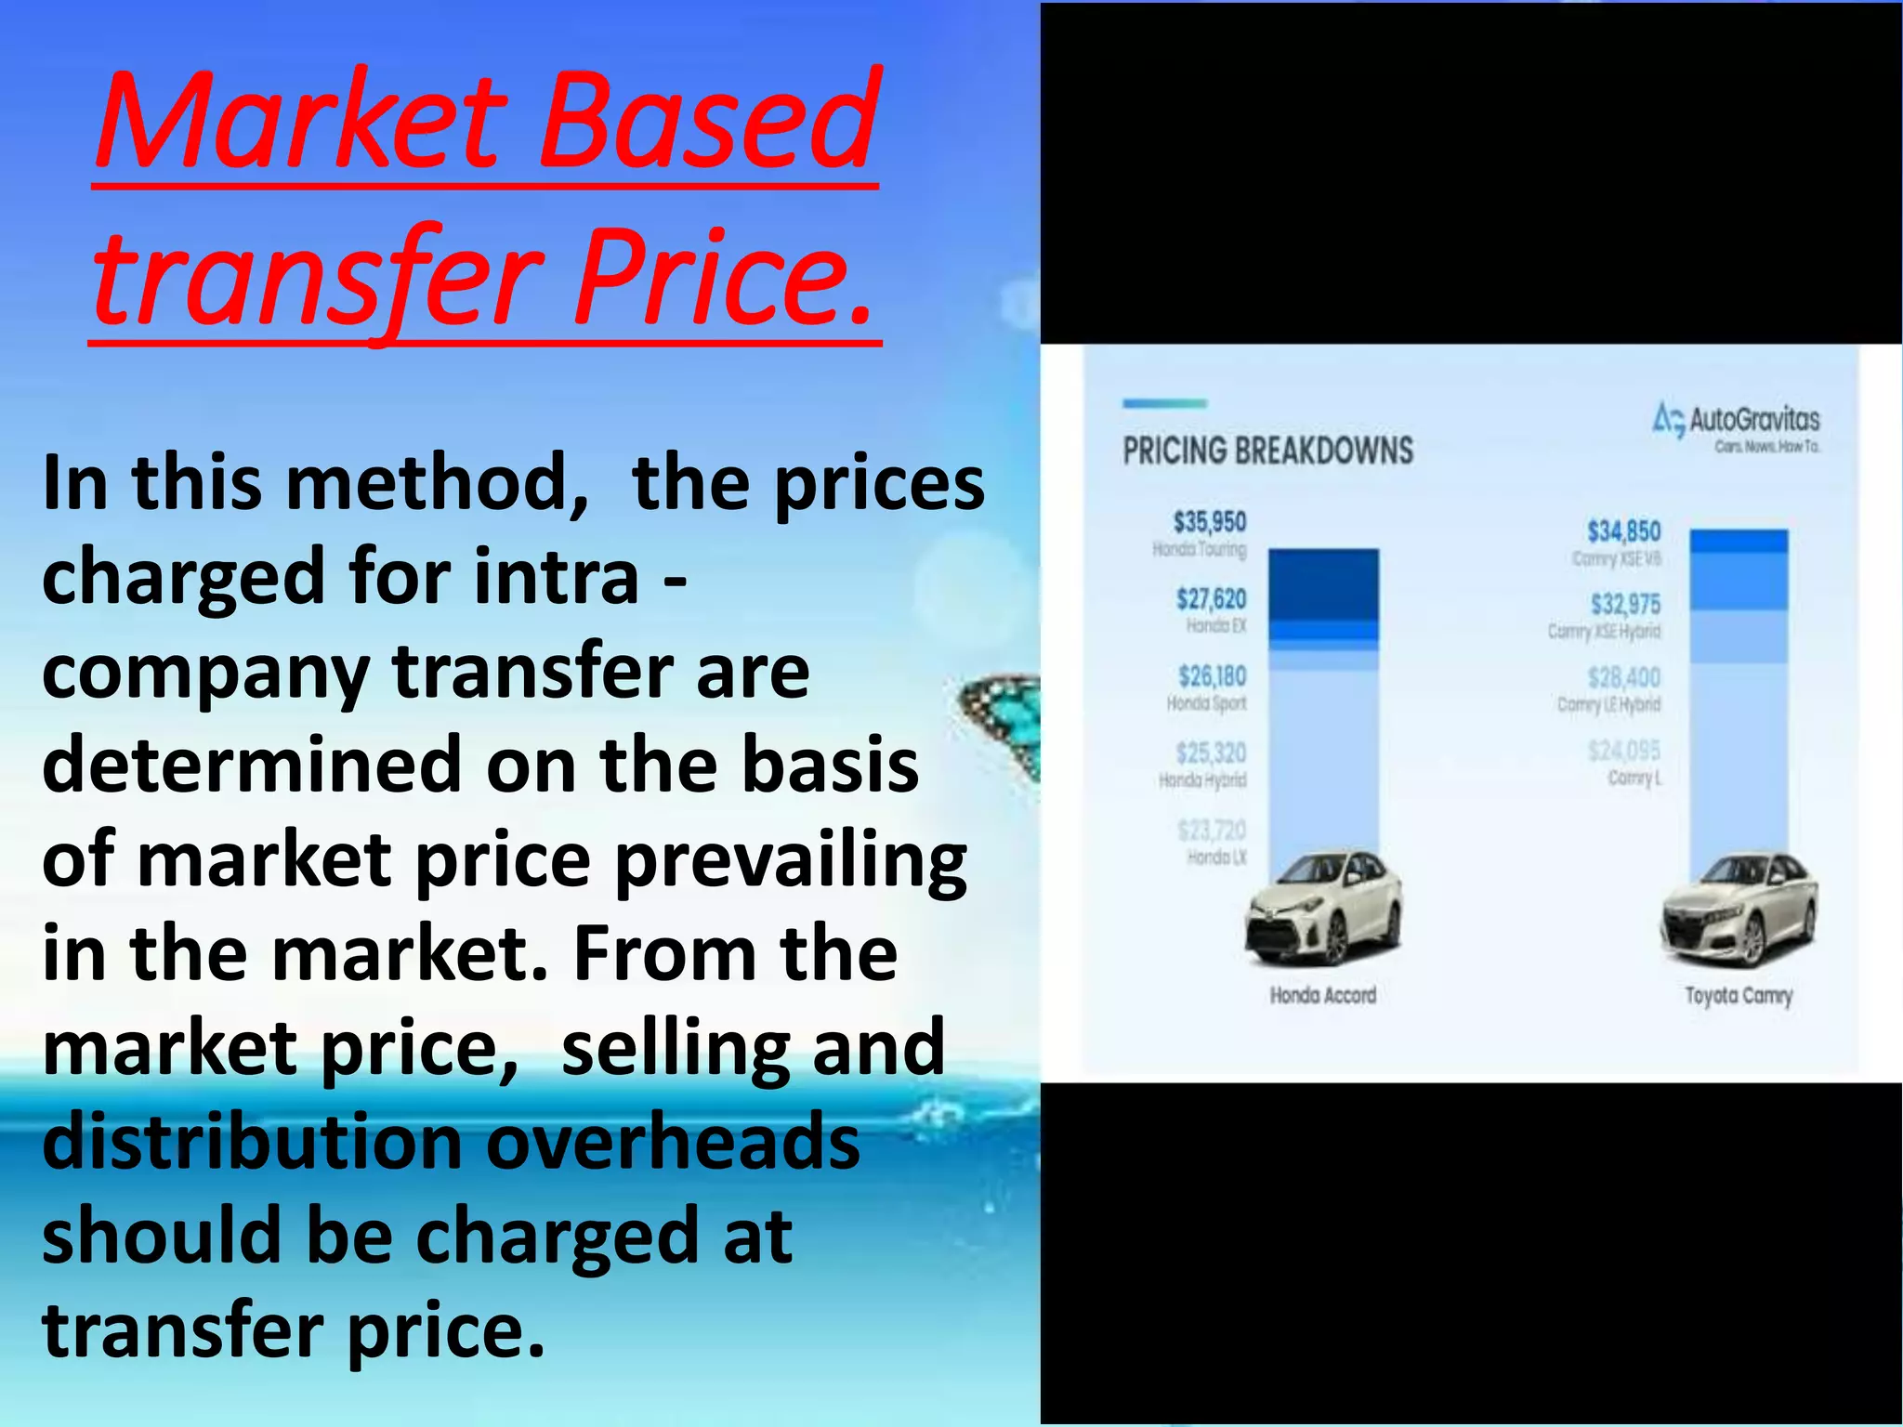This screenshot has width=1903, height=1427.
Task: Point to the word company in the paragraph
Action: pos(204,674)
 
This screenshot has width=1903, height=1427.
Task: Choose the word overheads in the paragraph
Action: pos(674,1143)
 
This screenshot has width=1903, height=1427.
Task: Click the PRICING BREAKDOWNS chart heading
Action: pos(1267,452)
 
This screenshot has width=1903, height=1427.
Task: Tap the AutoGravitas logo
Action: pos(1736,424)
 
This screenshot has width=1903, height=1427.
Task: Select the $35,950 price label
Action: pos(1209,522)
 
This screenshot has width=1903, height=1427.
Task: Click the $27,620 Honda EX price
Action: pos(1211,600)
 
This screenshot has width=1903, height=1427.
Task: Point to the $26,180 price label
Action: pos(1212,676)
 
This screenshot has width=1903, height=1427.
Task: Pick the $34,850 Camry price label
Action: pos(1623,531)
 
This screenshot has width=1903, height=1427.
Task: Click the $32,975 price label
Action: pos(1625,605)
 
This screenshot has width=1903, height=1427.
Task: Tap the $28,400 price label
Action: pos(1623,677)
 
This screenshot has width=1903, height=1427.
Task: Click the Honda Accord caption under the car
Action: pos(1322,996)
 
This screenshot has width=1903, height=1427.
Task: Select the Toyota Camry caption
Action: pos(1738,996)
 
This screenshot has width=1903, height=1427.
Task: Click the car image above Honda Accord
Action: pos(1322,908)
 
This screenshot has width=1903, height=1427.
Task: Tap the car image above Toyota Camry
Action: pos(1738,910)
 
